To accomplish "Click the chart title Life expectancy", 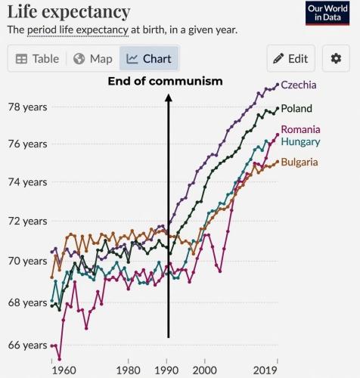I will [69, 12].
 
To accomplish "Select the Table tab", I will [37, 59].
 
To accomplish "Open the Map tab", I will [93, 59].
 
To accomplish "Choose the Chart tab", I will [150, 59].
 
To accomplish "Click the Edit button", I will [290, 59].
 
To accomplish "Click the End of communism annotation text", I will [165, 81].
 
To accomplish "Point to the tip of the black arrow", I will [168, 94].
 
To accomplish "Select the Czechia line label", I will [298, 85].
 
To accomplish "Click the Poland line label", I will [296, 109].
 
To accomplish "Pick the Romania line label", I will [300, 129].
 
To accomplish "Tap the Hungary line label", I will [300, 141].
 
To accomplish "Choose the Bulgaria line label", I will [299, 162].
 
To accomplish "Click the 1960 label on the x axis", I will [65, 370].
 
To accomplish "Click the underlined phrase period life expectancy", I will [79, 30].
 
